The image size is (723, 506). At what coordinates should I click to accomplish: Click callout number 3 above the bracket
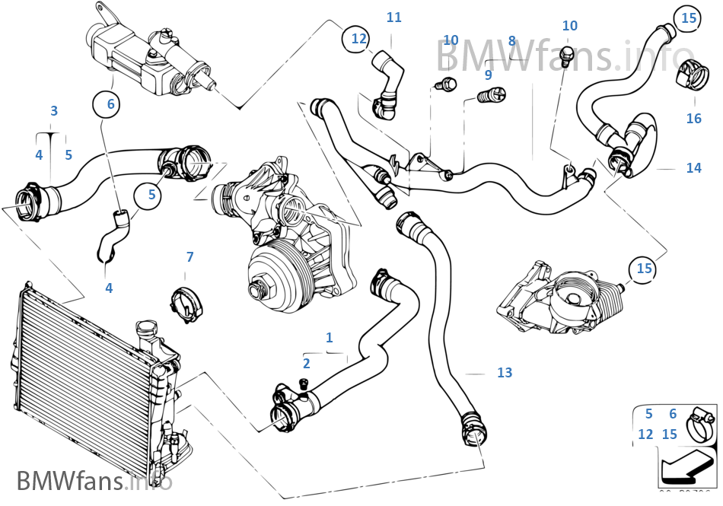54,111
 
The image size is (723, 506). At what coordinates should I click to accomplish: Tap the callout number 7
190,257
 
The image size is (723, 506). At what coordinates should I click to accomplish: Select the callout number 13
505,373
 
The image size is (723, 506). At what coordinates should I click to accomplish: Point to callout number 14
693,168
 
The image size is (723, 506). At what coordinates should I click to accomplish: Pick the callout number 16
693,119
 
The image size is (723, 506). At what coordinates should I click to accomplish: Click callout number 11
393,17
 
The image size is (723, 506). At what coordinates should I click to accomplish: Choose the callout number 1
329,337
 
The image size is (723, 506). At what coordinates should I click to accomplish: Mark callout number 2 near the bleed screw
306,364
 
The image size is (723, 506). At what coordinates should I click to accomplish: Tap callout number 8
511,41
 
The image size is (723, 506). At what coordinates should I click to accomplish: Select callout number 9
488,75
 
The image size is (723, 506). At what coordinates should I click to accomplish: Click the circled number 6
110,104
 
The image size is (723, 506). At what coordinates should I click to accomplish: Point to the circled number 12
359,37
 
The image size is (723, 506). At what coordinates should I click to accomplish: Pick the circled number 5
151,195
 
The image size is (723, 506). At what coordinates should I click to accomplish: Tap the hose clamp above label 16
691,73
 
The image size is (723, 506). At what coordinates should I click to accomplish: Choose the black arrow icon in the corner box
681,466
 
